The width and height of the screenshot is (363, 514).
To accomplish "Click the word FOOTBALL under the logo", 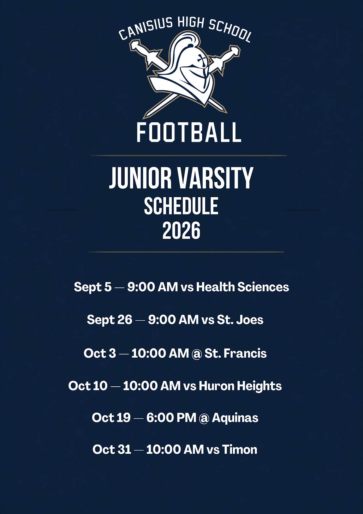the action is pos(189,132).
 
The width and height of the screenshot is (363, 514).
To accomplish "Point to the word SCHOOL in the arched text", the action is pos(230,31).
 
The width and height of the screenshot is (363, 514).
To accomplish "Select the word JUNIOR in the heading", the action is pos(140,178).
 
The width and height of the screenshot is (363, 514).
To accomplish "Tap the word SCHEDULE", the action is pos(181,206).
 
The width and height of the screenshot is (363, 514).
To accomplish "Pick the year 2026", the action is pos(181,230).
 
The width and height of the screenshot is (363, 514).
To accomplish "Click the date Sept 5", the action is pos(92,287).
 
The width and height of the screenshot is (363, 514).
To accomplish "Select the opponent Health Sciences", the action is pos(242,287).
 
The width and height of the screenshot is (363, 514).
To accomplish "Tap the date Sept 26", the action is pos(110,320).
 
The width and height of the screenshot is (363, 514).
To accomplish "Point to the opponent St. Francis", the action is pos(235,353).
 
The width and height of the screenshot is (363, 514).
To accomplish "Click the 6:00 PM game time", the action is pos(171,418).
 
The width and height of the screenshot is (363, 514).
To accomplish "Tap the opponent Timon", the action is pos(240,449).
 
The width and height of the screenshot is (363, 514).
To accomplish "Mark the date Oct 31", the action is pos(112,450).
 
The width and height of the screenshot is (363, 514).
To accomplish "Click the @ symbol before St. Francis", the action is pos(197,354).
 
